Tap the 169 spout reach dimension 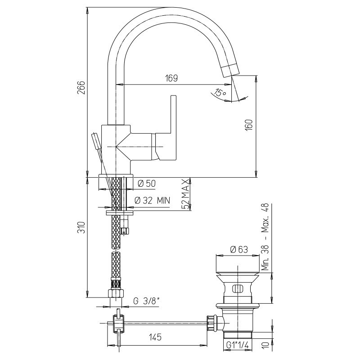(x=171, y=78)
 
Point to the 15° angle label (x=220, y=93)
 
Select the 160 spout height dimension (x=249, y=125)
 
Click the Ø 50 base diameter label (x=147, y=184)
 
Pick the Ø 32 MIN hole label (x=152, y=200)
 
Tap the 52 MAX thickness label (x=186, y=194)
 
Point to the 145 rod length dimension (x=155, y=337)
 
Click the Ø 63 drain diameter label (x=239, y=249)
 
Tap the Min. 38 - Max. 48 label (x=265, y=237)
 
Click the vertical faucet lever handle (x=173, y=127)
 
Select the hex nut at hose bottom (x=116, y=294)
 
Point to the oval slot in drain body (x=237, y=289)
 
